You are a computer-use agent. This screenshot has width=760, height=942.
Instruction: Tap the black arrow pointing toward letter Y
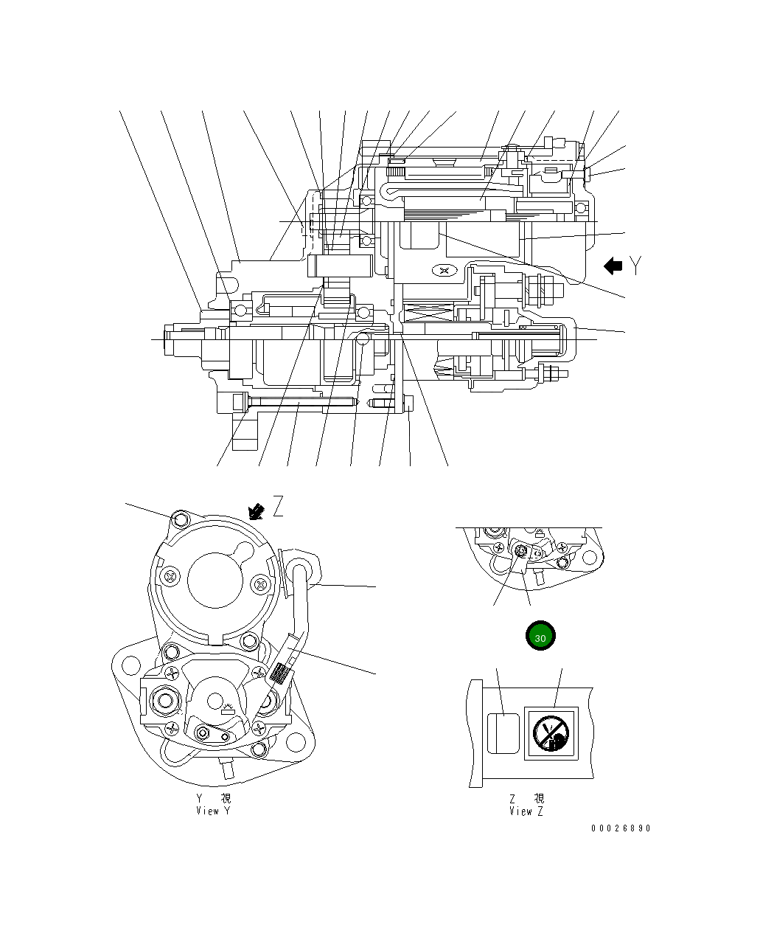tap(613, 266)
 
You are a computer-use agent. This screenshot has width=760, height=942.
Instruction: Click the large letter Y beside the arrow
tap(636, 266)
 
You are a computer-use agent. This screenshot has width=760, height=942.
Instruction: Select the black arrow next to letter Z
tap(257, 510)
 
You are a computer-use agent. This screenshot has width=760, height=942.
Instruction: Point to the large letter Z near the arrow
tap(278, 507)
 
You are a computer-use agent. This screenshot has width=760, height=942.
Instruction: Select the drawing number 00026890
tap(621, 828)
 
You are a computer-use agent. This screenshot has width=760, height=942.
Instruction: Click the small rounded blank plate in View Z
tap(502, 733)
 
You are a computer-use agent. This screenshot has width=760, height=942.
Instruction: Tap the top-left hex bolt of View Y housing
tap(178, 520)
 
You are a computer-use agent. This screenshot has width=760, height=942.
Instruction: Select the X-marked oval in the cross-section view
tap(443, 271)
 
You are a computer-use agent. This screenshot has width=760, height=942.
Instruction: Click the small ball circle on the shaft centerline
tap(361, 339)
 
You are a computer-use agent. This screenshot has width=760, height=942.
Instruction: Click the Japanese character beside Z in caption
tap(539, 799)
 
